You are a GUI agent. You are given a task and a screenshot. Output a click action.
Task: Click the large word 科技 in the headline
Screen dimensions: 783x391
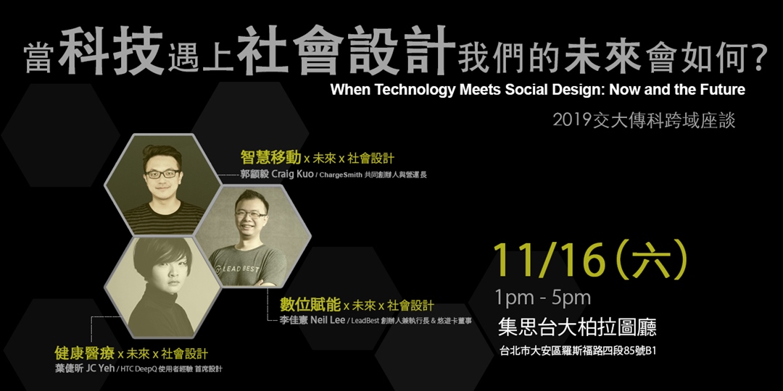point(112,52)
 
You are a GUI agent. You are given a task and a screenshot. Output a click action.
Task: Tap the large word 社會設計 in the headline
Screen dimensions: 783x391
point(346,52)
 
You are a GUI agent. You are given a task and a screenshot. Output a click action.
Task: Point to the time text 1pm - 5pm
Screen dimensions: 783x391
point(543,298)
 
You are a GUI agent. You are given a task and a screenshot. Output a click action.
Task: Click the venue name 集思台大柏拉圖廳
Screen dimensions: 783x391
point(577,327)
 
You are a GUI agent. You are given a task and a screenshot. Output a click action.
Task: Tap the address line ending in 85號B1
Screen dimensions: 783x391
point(578,350)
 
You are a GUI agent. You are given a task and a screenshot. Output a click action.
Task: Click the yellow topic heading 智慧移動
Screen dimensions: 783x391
point(270,158)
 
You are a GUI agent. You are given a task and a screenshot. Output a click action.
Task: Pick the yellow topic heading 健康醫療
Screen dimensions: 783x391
point(85,353)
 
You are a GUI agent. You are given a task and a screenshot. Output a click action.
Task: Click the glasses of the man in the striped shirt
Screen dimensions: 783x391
point(163,174)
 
